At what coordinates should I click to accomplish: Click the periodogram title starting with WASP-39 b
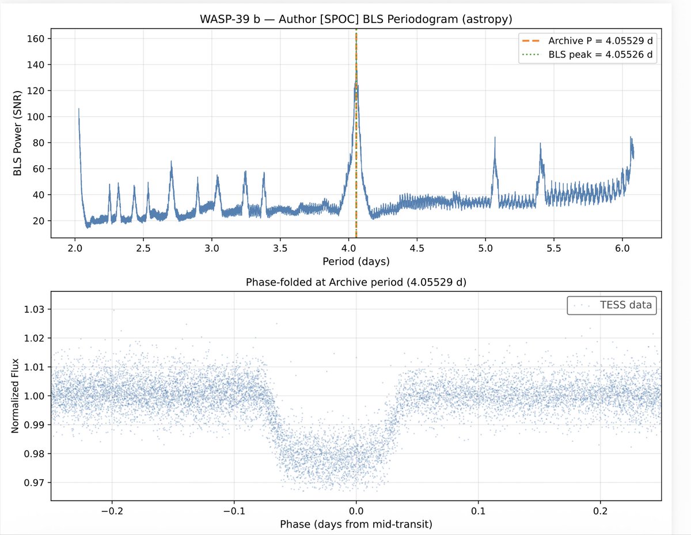pos(356,20)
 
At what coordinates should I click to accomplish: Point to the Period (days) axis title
pos(356,261)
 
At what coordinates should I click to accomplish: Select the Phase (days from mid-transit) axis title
pos(356,525)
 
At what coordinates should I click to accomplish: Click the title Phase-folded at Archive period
pos(356,283)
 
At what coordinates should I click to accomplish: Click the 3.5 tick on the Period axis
pos(280,248)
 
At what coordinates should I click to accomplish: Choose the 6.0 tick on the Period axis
pos(622,248)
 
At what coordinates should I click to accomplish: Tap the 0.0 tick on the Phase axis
pos(356,511)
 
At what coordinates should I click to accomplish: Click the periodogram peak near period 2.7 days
pos(171,162)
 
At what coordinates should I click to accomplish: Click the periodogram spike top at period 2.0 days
pos(79,109)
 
